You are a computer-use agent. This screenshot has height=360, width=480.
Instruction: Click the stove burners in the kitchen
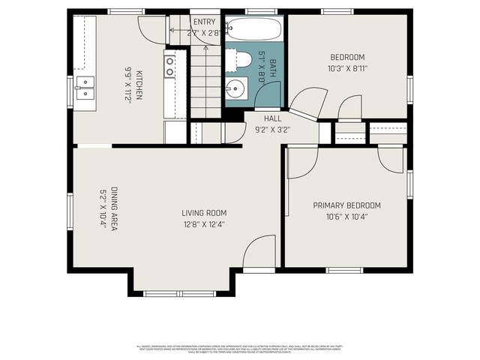click(x=170, y=67)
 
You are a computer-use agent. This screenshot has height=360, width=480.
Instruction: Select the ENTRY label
click(x=203, y=22)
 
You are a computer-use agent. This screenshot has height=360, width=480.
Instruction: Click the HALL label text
click(x=272, y=118)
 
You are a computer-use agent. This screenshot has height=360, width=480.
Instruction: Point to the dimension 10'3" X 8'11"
click(x=347, y=68)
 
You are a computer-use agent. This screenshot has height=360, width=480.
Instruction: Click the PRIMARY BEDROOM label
click(x=346, y=205)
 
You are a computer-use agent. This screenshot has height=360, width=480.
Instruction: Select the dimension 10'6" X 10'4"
click(x=346, y=217)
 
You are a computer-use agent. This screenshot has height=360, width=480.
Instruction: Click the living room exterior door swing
click(x=259, y=251)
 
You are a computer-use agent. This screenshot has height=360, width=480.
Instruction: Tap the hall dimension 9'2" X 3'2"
click(x=272, y=129)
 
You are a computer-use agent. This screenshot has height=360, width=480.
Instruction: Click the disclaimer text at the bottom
click(x=240, y=349)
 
